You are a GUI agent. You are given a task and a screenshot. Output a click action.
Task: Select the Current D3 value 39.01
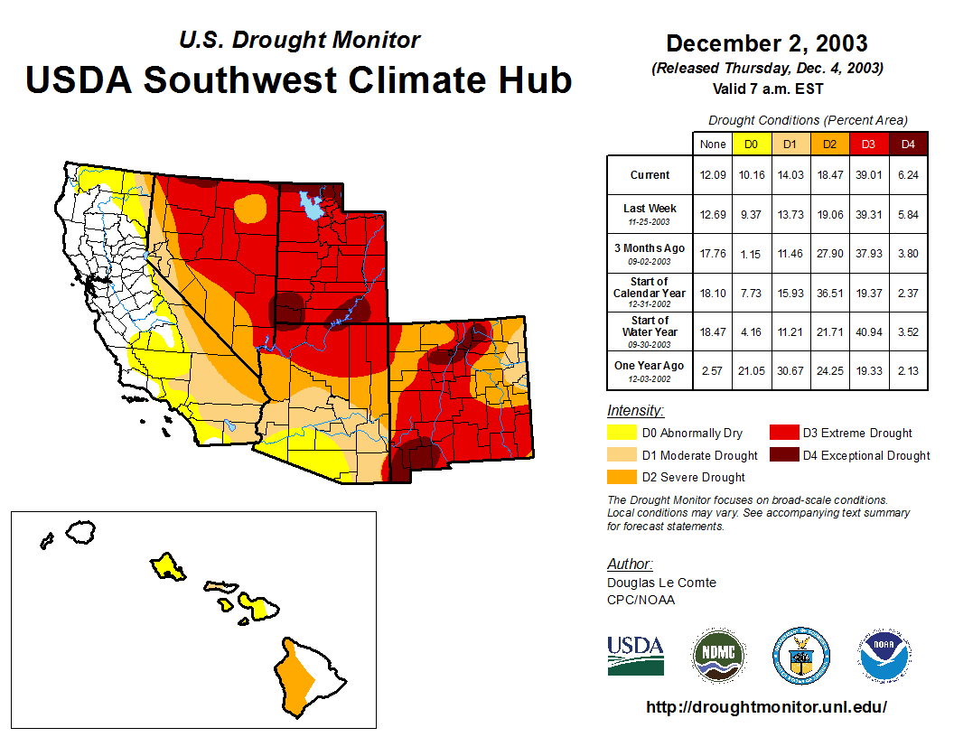[868, 175]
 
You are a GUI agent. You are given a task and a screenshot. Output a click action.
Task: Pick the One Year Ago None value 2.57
[713, 366]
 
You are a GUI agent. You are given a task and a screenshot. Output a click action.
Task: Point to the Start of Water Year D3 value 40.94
[868, 332]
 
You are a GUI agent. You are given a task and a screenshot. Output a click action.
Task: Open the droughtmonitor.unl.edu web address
[766, 707]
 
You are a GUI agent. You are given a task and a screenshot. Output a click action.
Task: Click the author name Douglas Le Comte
[661, 583]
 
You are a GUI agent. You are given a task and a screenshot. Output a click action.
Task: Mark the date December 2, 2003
[766, 43]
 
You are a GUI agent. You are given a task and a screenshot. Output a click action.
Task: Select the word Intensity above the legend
[635, 410]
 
